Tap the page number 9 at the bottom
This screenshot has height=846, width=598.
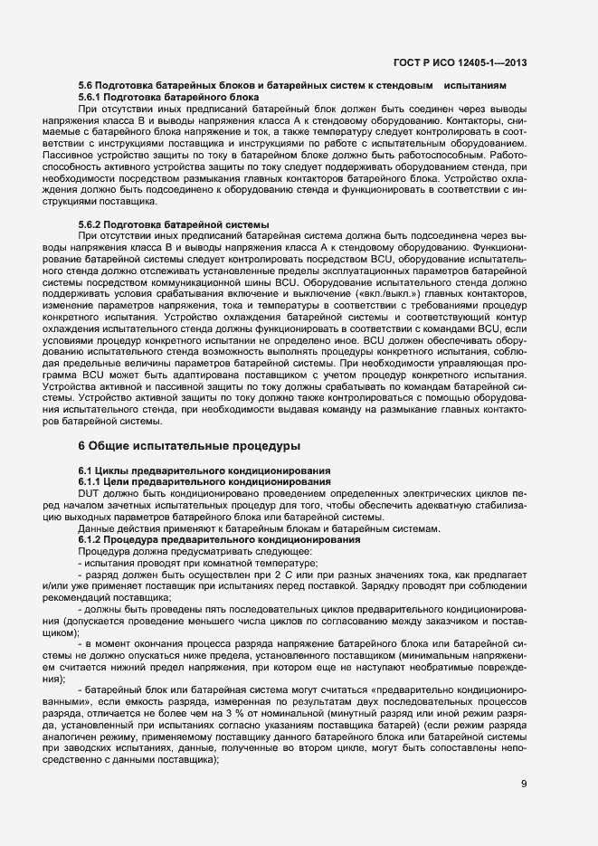(x=524, y=783)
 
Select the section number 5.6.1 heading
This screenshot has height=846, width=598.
(x=92, y=96)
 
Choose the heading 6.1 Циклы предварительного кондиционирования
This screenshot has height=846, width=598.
(x=204, y=471)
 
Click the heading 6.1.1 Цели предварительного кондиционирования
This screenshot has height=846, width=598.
(x=204, y=481)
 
